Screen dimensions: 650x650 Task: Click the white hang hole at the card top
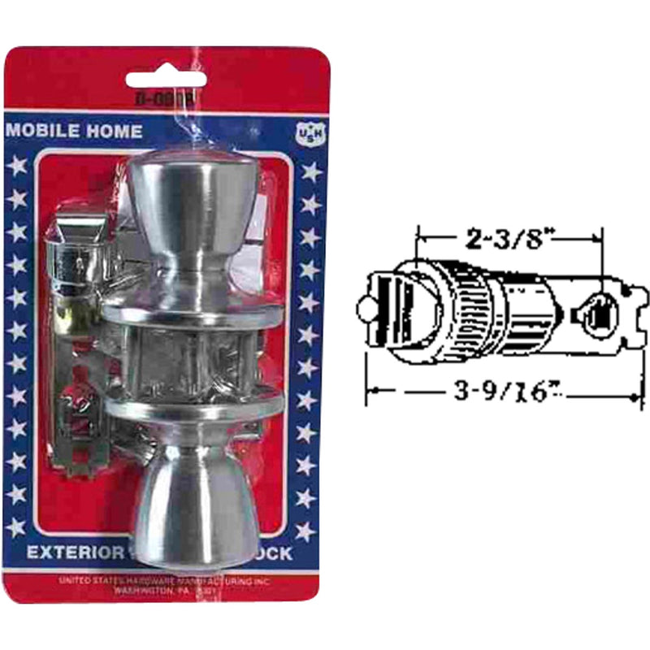tap(166, 80)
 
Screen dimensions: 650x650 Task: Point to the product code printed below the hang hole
tap(166, 102)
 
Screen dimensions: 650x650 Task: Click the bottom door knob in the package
tap(193, 504)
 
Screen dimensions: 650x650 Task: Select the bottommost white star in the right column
tap(305, 531)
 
